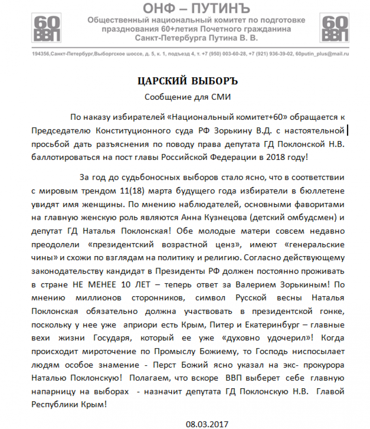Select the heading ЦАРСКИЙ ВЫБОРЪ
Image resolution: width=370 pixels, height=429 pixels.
click(x=187, y=81)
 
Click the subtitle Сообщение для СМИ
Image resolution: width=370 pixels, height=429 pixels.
click(x=187, y=97)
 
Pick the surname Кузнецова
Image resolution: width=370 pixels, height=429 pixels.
click(x=243, y=218)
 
